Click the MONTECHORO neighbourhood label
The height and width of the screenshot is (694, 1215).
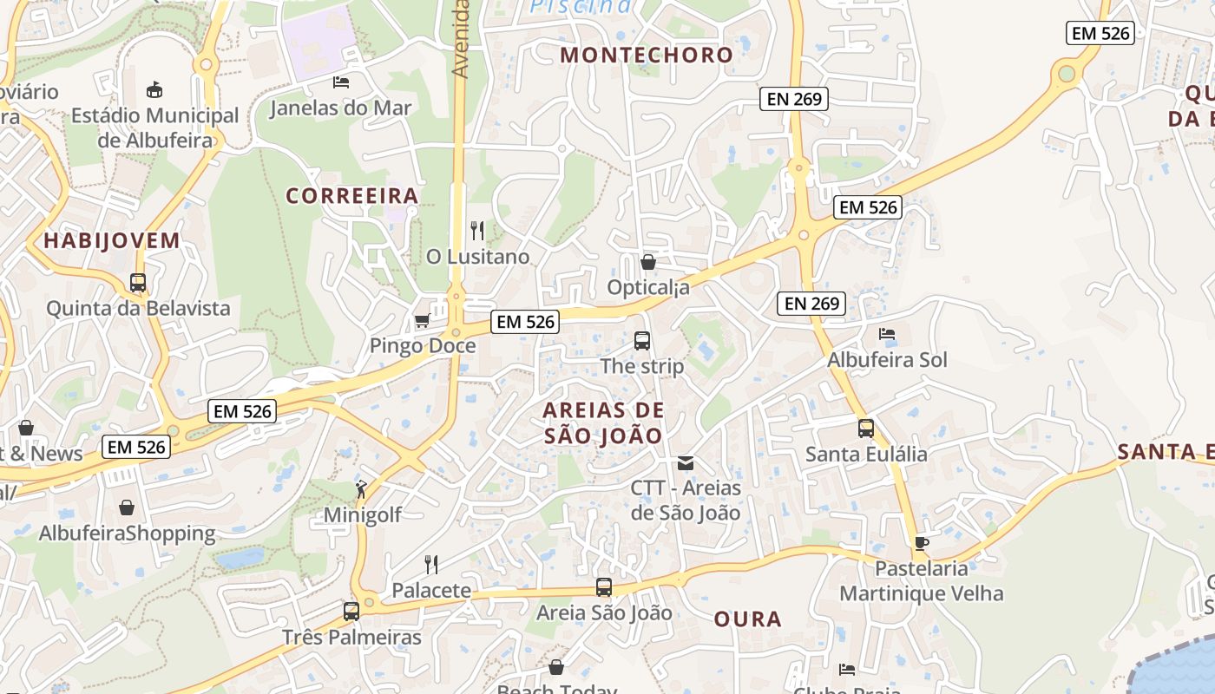coord(647,55)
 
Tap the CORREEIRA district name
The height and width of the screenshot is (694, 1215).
coord(352,196)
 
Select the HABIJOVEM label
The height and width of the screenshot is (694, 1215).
coord(112,240)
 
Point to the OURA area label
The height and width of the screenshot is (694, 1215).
coord(747,619)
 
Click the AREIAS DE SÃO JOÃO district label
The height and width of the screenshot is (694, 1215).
coord(603,422)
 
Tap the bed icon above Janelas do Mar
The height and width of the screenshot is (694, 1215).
coord(341,82)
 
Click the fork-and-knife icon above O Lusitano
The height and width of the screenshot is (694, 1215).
coord(477,230)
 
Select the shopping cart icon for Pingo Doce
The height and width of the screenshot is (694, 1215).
coord(422,321)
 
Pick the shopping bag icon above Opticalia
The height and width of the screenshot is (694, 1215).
coord(647,261)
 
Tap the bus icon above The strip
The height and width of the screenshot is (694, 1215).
coord(642,340)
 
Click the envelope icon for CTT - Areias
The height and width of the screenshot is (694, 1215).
coord(686,462)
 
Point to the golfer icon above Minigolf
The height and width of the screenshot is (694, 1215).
coord(362,489)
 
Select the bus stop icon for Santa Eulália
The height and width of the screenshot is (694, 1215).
coord(865,428)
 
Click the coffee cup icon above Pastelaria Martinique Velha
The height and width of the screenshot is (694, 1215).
coord(921,543)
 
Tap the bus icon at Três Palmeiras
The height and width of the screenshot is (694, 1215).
coord(351,611)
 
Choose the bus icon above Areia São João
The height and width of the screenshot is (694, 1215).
coord(604,587)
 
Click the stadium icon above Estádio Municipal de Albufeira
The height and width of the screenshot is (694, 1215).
coord(155,88)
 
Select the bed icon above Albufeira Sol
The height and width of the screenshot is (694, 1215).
coord(886,333)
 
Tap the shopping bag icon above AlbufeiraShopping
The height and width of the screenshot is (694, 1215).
coord(127,507)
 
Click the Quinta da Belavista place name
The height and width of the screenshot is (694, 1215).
coord(138,308)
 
